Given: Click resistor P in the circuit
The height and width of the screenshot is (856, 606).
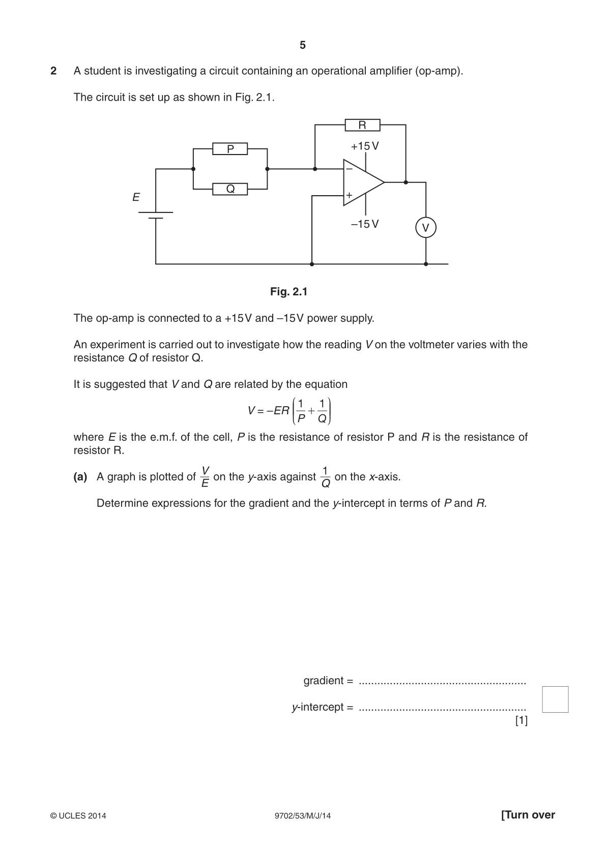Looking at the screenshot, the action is (x=230, y=148).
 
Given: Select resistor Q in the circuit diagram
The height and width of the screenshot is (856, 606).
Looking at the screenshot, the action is (x=230, y=189).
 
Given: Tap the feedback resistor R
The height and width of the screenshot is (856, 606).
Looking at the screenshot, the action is (x=362, y=125).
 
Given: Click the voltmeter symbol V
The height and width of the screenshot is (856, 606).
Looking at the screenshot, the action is (x=425, y=228).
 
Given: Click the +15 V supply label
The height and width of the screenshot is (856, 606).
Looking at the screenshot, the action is (x=365, y=146).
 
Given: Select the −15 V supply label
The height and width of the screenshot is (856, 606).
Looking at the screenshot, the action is (x=365, y=224).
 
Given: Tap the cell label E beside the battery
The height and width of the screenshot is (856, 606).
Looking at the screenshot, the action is (x=136, y=197).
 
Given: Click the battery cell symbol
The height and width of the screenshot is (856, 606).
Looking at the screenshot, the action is (x=156, y=215).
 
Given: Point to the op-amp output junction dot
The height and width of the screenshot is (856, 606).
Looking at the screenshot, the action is (x=406, y=182).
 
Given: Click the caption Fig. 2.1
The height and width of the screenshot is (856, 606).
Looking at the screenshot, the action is (x=289, y=292).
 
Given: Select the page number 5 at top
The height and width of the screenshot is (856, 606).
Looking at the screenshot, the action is (x=303, y=45).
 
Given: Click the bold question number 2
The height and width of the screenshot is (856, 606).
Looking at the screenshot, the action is (x=53, y=71).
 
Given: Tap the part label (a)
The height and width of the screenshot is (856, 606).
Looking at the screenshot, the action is (x=80, y=476).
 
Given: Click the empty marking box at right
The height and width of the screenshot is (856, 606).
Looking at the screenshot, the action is (x=555, y=699).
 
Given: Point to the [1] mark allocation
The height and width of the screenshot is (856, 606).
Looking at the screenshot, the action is (x=522, y=720).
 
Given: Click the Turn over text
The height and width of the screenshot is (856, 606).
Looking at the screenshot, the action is (x=528, y=815).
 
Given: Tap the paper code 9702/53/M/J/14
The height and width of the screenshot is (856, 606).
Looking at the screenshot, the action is (x=303, y=816).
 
